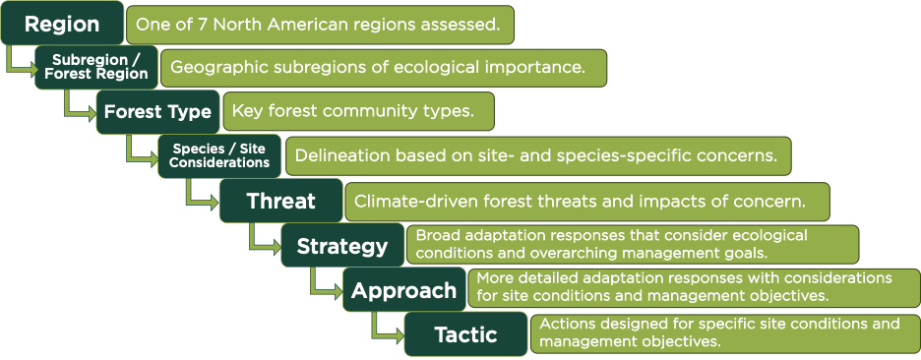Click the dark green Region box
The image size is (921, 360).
(x=62, y=23)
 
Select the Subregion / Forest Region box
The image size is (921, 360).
(x=96, y=67)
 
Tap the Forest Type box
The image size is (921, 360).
(x=158, y=111)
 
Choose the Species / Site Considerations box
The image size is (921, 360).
(x=219, y=156)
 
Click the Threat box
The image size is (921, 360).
(x=280, y=201)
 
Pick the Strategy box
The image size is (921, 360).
(x=342, y=245)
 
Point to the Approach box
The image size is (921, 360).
(x=404, y=289)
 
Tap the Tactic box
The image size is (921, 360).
(x=465, y=334)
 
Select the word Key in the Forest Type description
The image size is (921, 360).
(x=247, y=111)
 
